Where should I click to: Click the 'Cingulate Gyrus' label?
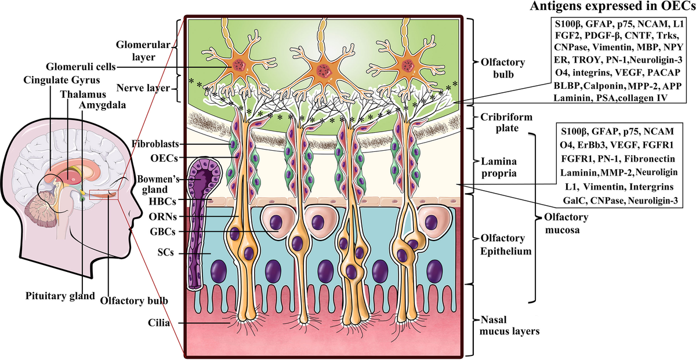[61, 80]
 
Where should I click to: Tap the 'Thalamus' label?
[83, 94]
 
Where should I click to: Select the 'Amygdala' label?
[102, 105]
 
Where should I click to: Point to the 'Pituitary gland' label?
[60, 296]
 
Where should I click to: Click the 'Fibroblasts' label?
[155, 144]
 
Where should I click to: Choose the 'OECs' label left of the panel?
[164, 158]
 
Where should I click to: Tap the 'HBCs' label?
[162, 201]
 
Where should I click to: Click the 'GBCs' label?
[162, 231]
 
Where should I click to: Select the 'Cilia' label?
[159, 323]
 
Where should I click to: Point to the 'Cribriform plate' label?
[506, 122]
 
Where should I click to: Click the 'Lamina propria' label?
[499, 167]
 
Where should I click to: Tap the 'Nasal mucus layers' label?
[509, 325]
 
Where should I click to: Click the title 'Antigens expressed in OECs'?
[612, 6]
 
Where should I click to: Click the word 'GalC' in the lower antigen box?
[575, 201]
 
